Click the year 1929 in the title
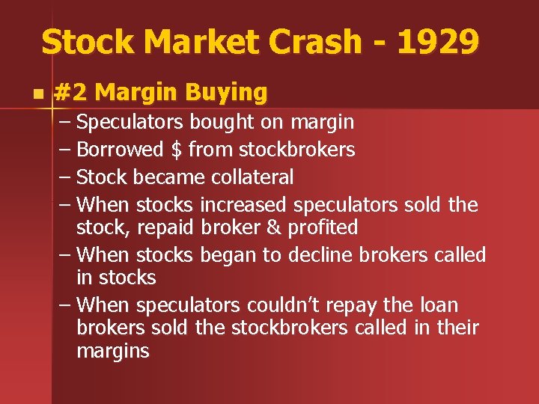(x=439, y=42)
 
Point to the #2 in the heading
(x=72, y=93)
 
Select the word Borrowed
(x=120, y=150)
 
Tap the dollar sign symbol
(x=176, y=150)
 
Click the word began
(x=228, y=255)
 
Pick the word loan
(x=437, y=306)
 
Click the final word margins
(x=113, y=352)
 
